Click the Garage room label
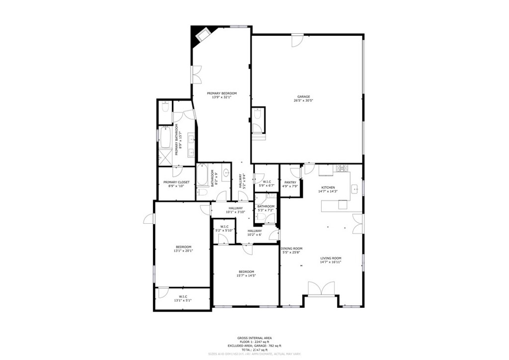pos(303,96)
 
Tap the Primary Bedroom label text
pos(222,93)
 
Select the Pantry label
pos(290,182)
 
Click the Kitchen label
pos(328,187)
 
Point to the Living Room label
pos(331,258)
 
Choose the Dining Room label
pos(291,249)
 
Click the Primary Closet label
pos(176,182)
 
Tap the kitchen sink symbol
pos(355,189)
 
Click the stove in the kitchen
pos(341,168)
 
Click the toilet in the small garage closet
pos(257,115)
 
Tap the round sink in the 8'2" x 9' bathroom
pos(226,173)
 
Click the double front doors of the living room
pos(321,288)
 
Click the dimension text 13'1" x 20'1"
pos(183,251)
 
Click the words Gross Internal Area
pos(254,338)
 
